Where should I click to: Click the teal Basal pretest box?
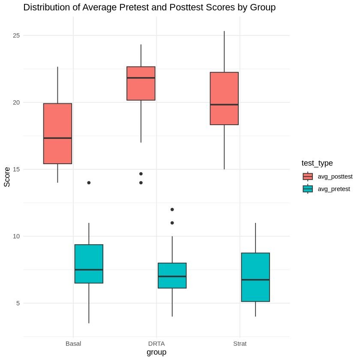click(89, 264)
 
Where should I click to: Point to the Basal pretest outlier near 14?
click(89, 183)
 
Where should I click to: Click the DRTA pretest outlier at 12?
click(172, 210)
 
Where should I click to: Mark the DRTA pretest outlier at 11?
click(172, 223)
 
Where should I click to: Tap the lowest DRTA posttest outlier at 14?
click(141, 183)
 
